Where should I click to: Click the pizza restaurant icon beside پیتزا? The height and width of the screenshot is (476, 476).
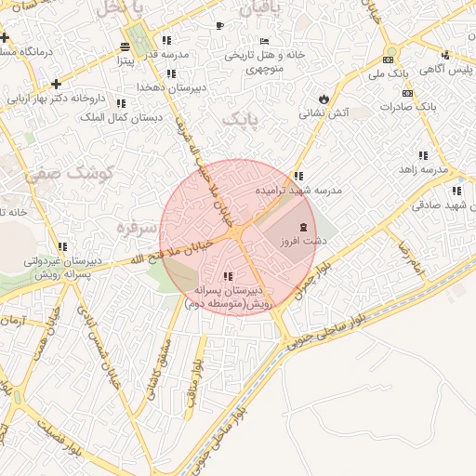[126, 47]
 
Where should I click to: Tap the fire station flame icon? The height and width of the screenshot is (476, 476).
[323, 98]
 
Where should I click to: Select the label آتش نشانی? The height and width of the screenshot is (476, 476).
[323, 112]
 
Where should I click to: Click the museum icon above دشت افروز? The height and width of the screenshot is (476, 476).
[304, 228]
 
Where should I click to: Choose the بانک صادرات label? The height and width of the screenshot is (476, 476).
[408, 107]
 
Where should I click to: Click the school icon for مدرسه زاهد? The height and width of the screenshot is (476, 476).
[423, 155]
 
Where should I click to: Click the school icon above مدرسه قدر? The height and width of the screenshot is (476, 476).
[166, 40]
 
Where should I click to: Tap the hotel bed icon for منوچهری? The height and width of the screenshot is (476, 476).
[265, 42]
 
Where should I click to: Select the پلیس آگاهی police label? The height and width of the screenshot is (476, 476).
[446, 70]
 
